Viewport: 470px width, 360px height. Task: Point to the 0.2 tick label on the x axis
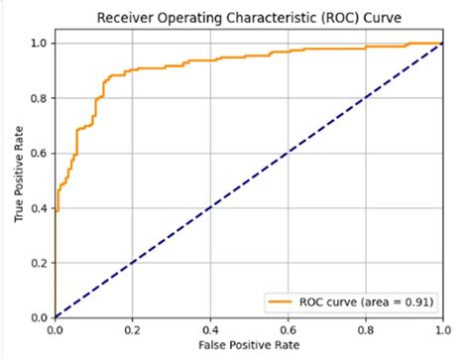click(132, 329)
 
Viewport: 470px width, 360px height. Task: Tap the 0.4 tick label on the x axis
click(209, 329)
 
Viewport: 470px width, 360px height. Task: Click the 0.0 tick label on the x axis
click(56, 329)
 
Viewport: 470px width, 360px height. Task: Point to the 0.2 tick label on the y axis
click(38, 263)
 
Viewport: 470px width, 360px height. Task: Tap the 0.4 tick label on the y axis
click(38, 208)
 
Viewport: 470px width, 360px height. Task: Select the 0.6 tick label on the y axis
click(38, 153)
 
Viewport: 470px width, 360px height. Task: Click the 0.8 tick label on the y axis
click(38, 98)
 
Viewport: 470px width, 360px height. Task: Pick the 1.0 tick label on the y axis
click(38, 43)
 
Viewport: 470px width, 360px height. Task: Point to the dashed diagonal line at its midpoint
click(248, 180)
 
